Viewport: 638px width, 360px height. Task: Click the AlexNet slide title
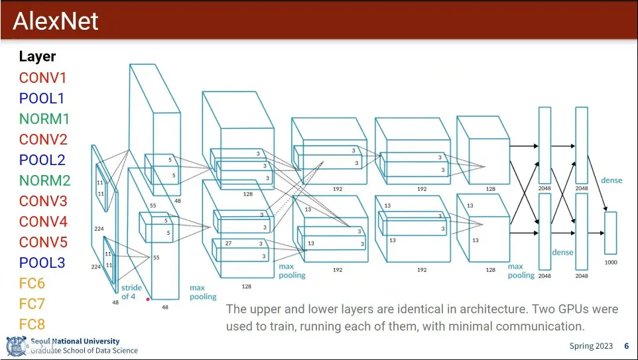tap(56, 21)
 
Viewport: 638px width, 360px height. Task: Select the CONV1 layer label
tap(42, 78)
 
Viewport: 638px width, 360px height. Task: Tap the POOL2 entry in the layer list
tap(42, 160)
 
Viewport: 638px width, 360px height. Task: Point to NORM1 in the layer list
tap(44, 119)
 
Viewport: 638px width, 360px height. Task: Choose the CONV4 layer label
tap(43, 221)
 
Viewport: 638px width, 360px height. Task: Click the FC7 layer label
tap(32, 304)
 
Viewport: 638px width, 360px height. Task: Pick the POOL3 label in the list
tap(42, 263)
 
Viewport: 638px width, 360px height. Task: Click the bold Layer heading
tap(37, 56)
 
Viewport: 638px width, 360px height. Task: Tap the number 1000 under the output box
tap(611, 263)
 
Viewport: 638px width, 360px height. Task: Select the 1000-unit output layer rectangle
tap(611, 233)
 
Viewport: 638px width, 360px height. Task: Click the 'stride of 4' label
tap(131, 292)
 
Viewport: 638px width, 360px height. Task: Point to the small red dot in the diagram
tap(148, 299)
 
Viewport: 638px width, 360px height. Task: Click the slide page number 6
tap(626, 346)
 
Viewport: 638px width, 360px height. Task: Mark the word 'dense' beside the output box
tap(611, 180)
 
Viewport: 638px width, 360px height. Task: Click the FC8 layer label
tap(32, 325)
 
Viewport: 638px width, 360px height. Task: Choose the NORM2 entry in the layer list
tap(44, 180)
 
